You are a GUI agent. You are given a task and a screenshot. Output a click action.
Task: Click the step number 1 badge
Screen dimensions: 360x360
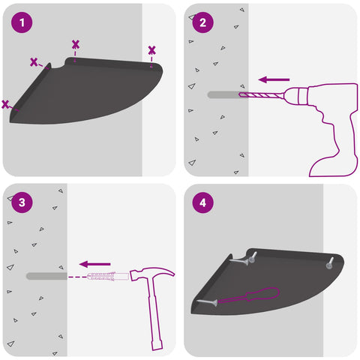[x=22, y=22]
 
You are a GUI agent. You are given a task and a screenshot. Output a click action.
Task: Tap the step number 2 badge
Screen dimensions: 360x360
[x=202, y=22]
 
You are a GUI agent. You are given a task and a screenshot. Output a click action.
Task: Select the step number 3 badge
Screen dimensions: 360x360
[x=22, y=202]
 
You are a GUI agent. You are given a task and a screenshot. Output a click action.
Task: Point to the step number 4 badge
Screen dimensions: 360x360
[x=202, y=202]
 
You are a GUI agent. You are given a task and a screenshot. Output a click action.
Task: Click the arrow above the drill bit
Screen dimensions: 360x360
[x=274, y=79]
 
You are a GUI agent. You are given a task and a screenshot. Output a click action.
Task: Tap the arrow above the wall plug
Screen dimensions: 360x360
[x=95, y=264]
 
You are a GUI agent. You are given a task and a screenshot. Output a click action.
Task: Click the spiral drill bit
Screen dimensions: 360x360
[x=261, y=95]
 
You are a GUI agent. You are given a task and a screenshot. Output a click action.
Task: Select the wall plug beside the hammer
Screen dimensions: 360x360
[x=108, y=277]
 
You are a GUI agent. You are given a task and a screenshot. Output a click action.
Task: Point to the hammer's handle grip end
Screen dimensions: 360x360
[x=157, y=345]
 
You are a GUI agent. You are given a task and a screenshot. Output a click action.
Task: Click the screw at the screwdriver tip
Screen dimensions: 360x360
[x=207, y=302]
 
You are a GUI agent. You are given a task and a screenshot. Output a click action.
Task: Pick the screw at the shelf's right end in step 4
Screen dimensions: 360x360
[x=330, y=263]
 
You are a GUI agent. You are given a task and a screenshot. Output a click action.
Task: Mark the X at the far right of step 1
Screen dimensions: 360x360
[x=151, y=50]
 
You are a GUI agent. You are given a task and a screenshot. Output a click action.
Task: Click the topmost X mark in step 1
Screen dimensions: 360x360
[x=76, y=44]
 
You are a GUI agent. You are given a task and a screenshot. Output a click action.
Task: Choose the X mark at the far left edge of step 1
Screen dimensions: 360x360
[x=5, y=104]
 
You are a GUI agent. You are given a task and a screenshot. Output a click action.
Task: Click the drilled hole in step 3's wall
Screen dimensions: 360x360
[x=46, y=276]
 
